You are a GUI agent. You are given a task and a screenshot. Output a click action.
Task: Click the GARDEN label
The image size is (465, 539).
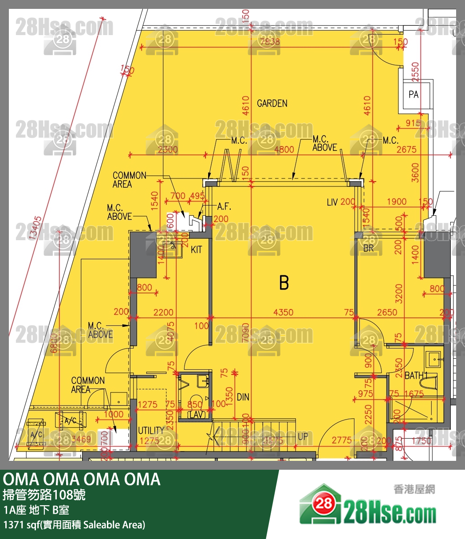tap(272, 103)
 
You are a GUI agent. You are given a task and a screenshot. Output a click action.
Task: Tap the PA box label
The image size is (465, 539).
tap(414, 95)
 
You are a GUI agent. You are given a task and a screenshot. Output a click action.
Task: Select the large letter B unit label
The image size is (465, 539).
tap(284, 283)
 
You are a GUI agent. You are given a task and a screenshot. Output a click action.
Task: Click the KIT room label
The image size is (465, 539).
tap(196, 250)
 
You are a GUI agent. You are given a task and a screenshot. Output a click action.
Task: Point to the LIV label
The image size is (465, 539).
tap(332, 202)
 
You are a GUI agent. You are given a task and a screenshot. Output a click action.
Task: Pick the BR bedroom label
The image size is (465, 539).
tap(368, 249)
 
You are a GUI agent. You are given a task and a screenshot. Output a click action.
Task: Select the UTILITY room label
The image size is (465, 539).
tap(151, 430)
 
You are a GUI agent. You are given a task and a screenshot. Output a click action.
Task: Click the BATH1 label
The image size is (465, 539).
tap(415, 376)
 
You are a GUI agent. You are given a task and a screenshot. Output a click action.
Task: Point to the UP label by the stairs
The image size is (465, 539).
tap(303, 436)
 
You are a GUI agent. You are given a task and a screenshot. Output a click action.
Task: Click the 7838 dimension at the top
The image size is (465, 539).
tap(270, 42)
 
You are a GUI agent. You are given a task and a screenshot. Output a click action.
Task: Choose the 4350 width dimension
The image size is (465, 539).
tap(283, 313)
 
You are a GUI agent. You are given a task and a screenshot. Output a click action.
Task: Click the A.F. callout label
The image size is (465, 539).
tap(225, 207)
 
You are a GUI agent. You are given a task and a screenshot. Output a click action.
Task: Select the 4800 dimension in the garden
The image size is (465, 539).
tap(284, 150)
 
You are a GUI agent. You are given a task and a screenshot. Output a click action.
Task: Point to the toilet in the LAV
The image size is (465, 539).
tap(195, 399)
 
